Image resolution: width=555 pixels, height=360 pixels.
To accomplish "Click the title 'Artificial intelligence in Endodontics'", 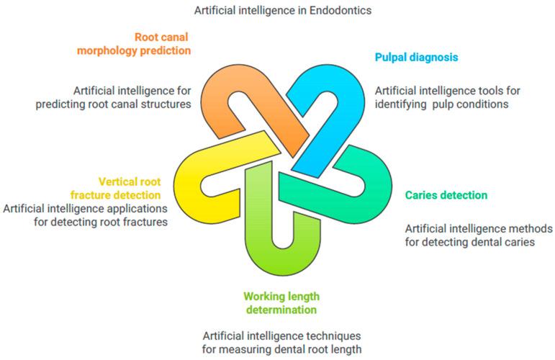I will click(282, 11).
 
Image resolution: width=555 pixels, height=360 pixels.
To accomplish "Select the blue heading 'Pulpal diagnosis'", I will click(417, 57).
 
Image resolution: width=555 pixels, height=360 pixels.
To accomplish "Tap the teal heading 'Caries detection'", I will click(446, 195).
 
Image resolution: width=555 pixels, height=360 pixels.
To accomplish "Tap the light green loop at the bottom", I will click(281, 245).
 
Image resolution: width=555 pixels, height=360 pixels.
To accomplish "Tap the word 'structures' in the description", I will click(166, 104).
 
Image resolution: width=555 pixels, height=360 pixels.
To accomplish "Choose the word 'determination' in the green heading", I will click(279, 310).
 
